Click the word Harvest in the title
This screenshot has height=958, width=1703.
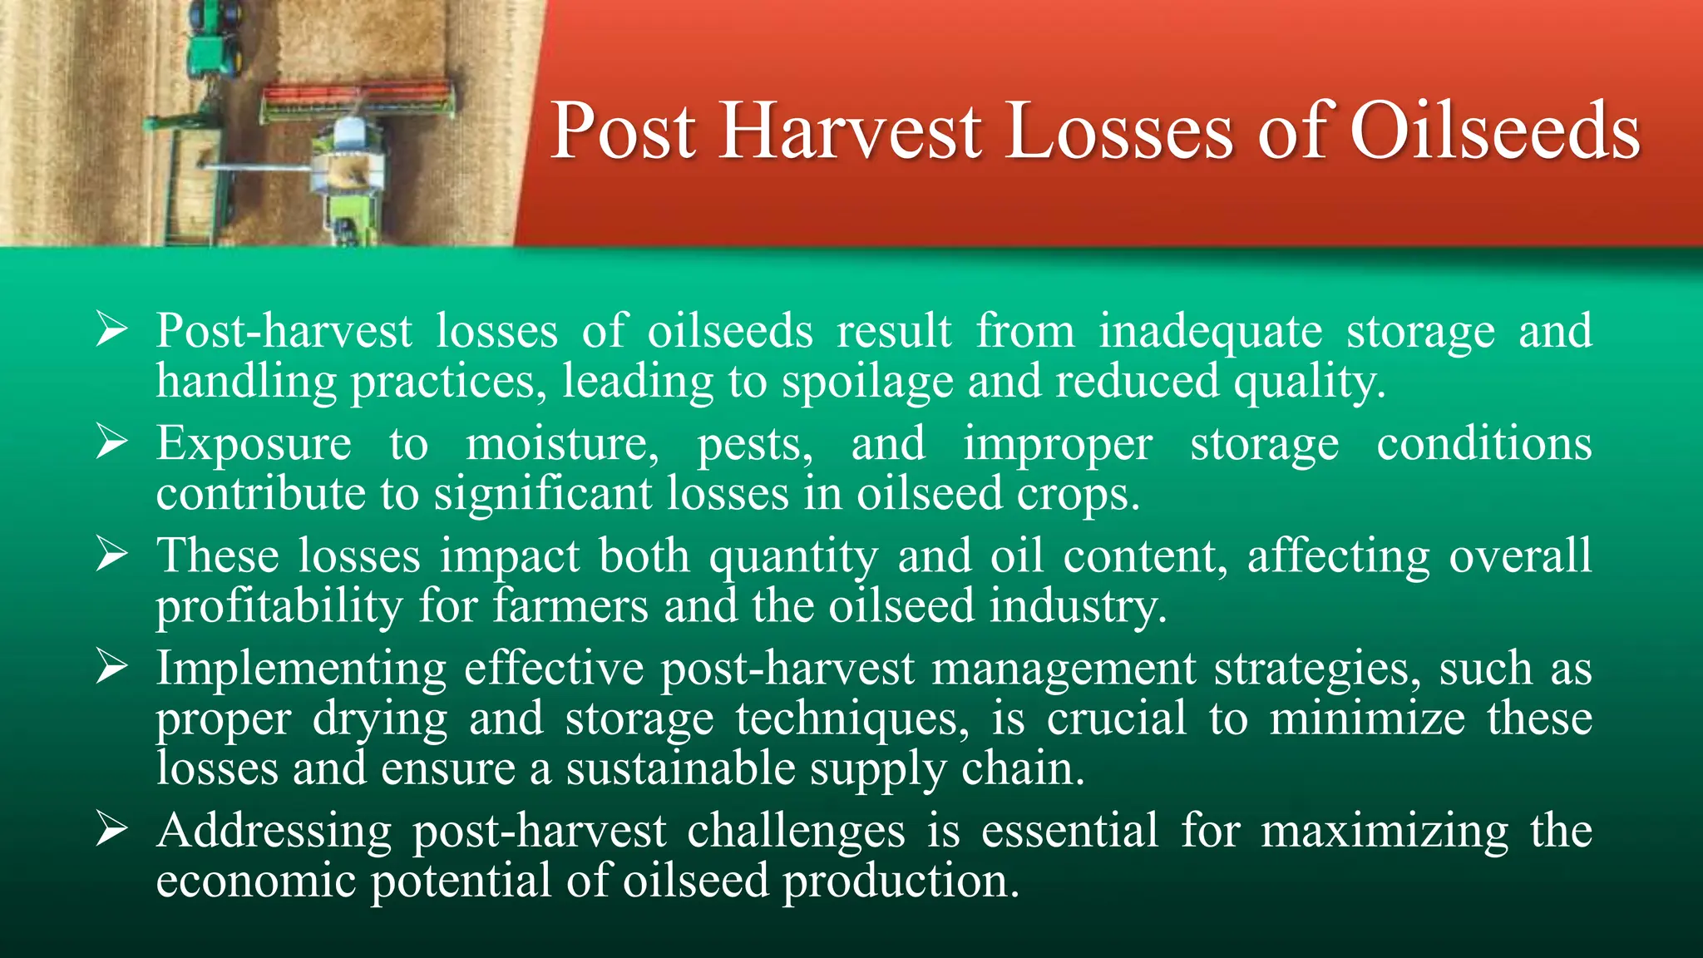coord(851,131)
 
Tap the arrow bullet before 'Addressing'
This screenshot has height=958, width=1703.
coord(111,829)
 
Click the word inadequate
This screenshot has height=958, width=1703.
coord(1210,332)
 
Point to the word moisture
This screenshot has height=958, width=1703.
coord(561,443)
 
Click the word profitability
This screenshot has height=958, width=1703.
coord(279,606)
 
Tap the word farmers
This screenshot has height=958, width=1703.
coord(570,605)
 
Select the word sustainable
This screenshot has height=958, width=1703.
coord(680,768)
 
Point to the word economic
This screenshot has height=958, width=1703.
coord(256,881)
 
